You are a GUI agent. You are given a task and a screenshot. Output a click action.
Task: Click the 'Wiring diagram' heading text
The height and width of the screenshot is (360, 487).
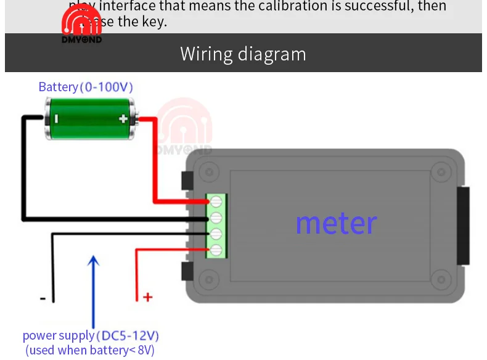[x=243, y=54]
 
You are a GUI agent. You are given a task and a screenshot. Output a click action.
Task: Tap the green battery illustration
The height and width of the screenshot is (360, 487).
[x=89, y=119]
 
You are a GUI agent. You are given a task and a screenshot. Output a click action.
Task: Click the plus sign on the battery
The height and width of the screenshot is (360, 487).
[x=123, y=119]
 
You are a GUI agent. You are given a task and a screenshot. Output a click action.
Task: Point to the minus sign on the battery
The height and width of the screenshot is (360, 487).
[x=55, y=119]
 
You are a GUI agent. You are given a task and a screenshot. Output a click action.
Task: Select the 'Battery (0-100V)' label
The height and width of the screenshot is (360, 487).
[x=86, y=87]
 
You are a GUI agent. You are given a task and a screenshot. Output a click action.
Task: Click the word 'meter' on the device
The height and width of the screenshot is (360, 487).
[x=336, y=223]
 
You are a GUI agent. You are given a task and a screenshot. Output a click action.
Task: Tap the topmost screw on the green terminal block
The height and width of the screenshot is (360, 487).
[x=216, y=202]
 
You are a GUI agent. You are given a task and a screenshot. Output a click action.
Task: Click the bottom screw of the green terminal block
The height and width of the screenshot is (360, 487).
[x=216, y=250]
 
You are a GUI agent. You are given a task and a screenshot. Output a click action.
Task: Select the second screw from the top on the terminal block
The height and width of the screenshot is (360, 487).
[x=216, y=218]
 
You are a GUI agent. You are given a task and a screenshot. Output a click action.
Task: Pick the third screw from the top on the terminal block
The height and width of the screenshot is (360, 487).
[x=216, y=234]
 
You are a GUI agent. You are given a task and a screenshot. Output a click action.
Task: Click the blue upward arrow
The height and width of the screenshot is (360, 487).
[x=93, y=290]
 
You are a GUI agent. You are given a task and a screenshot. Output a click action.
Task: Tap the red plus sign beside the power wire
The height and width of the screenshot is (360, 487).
[x=147, y=298]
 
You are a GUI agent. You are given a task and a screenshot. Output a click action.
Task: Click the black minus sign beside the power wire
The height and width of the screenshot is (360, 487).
[x=43, y=298]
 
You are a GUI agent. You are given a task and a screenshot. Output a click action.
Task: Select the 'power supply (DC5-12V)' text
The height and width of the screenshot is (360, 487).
[x=91, y=336]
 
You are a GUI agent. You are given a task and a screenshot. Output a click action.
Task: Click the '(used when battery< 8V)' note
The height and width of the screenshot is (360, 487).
[x=90, y=350]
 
